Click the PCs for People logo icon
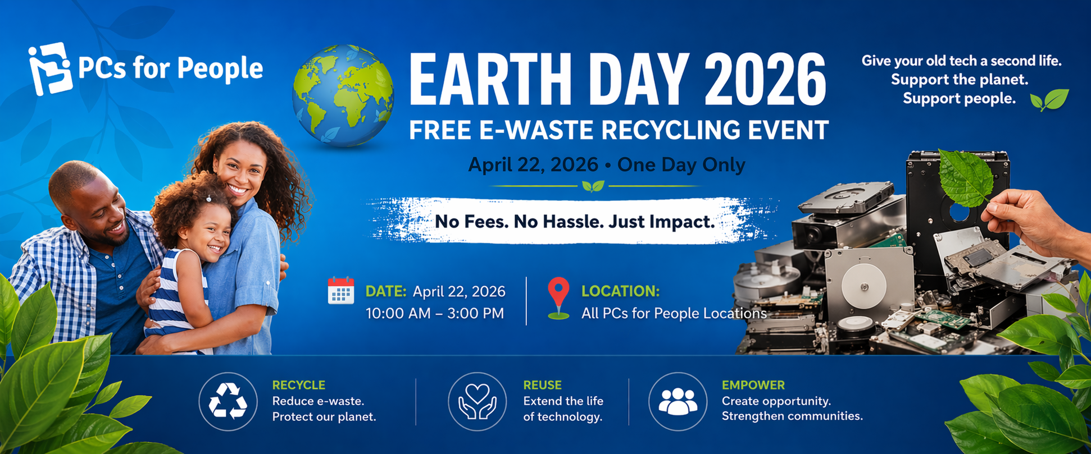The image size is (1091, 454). point(51,68)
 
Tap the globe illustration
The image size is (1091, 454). point(343,95)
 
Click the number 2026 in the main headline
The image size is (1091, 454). point(765,79)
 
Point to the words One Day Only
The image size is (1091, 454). point(681,165)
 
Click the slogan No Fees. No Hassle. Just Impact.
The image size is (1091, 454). point(575,222)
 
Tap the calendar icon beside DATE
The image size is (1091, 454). point(341,291)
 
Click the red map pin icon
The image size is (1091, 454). point(558,298)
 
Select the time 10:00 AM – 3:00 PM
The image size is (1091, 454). point(435,313)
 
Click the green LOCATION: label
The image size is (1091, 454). point(620,291)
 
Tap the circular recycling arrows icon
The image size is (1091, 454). point(228,401)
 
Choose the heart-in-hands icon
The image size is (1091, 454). point(477,401)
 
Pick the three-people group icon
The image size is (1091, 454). point(678,401)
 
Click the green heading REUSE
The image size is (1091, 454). point(542,385)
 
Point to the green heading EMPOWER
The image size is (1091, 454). point(753,385)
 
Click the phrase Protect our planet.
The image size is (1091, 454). point(324,417)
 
